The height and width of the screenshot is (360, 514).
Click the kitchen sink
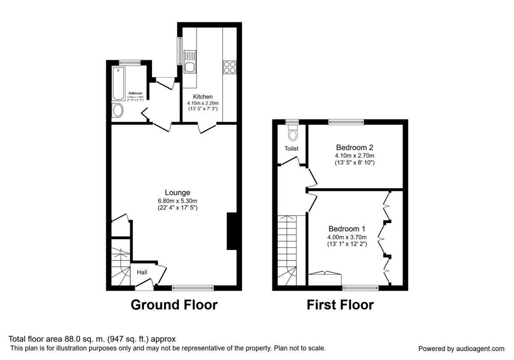click(x=189, y=61)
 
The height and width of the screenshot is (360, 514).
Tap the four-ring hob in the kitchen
click(x=229, y=68)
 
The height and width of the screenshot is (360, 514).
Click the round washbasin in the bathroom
click(x=117, y=111)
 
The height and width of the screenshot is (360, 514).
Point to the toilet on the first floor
click(x=293, y=133)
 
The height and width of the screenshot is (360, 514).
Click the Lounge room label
click(x=177, y=192)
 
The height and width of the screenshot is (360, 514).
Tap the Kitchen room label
click(x=203, y=96)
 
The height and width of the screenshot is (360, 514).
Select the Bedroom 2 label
click(x=355, y=147)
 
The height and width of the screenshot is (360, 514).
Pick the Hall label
click(x=142, y=272)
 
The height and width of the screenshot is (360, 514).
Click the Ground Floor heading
click(x=174, y=305)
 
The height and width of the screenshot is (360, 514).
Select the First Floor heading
click(x=340, y=305)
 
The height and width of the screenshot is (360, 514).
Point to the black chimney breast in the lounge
click(x=231, y=231)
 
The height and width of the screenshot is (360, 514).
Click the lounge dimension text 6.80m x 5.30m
click(x=177, y=201)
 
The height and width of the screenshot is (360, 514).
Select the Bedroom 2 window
click(x=346, y=122)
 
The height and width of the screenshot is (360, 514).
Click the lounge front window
click(x=193, y=288)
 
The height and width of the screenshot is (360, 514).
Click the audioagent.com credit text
click(x=461, y=348)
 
